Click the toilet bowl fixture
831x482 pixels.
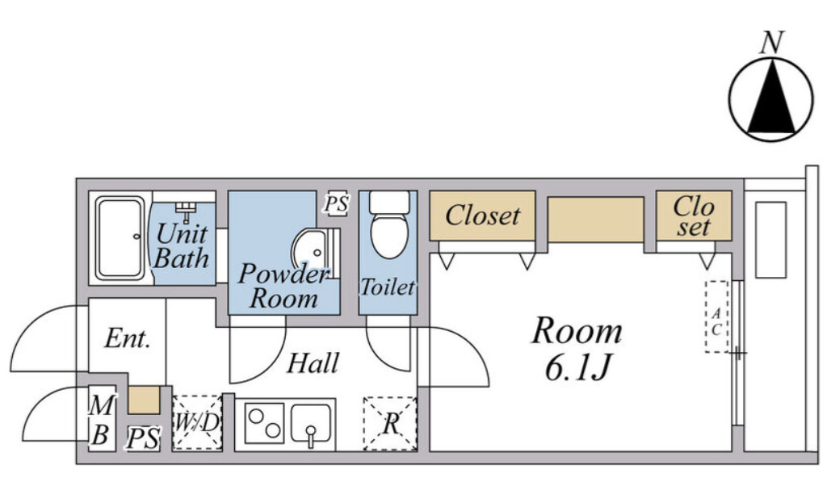[389, 224]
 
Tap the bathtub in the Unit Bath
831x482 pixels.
[120, 238]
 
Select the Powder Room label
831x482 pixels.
[283, 286]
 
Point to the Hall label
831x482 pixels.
[313, 363]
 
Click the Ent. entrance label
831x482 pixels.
[128, 338]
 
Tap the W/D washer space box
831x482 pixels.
[197, 423]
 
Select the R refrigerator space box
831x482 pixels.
[390, 424]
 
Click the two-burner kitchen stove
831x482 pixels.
[264, 423]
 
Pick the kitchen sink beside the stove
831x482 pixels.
[311, 424]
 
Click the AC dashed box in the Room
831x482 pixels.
[716, 316]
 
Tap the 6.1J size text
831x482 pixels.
[578, 367]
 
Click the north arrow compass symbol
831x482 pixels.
[771, 99]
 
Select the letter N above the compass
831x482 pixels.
[772, 43]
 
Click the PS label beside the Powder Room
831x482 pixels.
[337, 203]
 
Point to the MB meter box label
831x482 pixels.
[101, 421]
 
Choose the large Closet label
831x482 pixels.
[482, 216]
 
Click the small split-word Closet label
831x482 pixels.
[694, 216]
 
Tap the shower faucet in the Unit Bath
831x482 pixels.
[186, 212]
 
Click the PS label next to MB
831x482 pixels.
[143, 438]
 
